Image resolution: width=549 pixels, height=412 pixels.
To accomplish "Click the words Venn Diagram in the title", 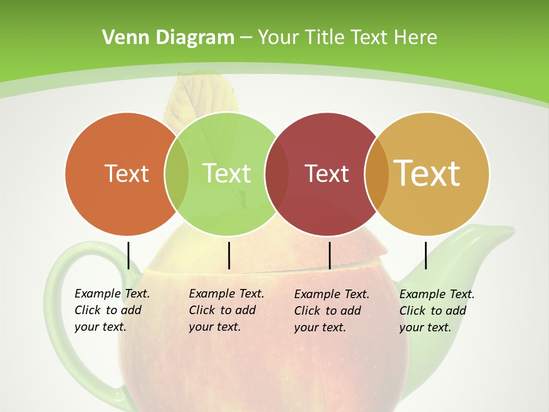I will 168,38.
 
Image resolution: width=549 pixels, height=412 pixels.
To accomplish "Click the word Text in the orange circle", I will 126,173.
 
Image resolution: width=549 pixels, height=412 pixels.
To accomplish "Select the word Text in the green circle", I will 227,173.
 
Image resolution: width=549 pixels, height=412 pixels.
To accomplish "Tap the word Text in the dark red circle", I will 327,173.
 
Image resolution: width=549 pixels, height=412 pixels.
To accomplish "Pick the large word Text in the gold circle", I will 427,173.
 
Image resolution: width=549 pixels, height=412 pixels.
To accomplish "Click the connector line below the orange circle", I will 128,255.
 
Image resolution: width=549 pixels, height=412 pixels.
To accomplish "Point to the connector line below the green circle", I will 229,255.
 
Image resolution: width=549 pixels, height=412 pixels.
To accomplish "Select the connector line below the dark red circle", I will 329,255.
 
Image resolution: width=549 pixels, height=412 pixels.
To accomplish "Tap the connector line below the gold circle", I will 426,255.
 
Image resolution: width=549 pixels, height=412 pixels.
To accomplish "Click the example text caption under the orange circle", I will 112,310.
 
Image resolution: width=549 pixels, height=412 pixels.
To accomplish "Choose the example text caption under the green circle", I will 226,310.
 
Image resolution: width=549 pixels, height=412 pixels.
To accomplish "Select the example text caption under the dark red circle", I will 331,311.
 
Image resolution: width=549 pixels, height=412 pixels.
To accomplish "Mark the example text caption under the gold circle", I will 436,311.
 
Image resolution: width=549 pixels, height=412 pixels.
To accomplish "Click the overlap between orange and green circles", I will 177,173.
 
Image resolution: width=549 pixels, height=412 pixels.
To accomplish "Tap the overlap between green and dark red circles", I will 277,173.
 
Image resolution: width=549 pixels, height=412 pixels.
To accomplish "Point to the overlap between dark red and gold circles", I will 376,173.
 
